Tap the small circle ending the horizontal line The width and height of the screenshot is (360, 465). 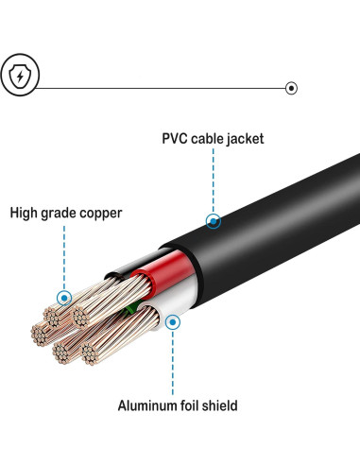tap(291, 88)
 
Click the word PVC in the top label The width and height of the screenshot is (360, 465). tap(177, 139)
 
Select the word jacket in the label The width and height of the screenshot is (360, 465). tap(244, 139)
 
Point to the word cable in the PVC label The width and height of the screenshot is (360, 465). tap(209, 139)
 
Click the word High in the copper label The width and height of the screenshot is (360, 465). tap(26, 213)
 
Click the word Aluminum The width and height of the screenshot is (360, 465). tap(149, 406)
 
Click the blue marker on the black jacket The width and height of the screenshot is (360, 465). tap(214, 222)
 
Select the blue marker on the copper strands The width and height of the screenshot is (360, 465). tap(63, 298)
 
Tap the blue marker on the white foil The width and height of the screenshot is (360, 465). tap(172, 322)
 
